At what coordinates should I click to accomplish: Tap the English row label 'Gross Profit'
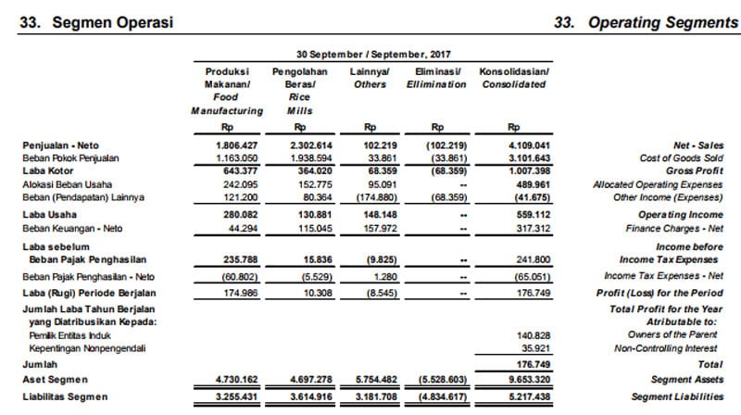click(696, 170)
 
